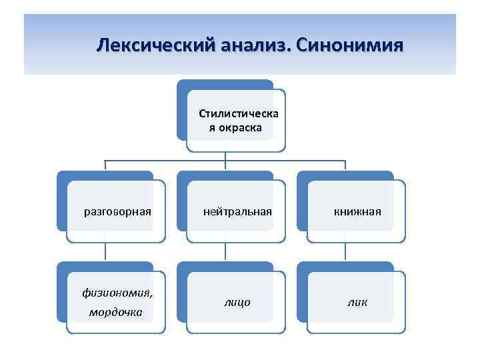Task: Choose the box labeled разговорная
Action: [117, 212]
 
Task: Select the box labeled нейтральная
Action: [237, 212]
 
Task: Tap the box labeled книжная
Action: [357, 212]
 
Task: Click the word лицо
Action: [237, 302]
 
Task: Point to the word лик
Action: [357, 302]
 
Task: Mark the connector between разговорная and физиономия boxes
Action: [105, 251]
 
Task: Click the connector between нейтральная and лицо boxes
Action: [225, 251]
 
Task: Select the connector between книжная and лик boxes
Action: [345, 251]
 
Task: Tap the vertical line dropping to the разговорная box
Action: [105, 166]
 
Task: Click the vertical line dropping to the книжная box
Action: [345, 166]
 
